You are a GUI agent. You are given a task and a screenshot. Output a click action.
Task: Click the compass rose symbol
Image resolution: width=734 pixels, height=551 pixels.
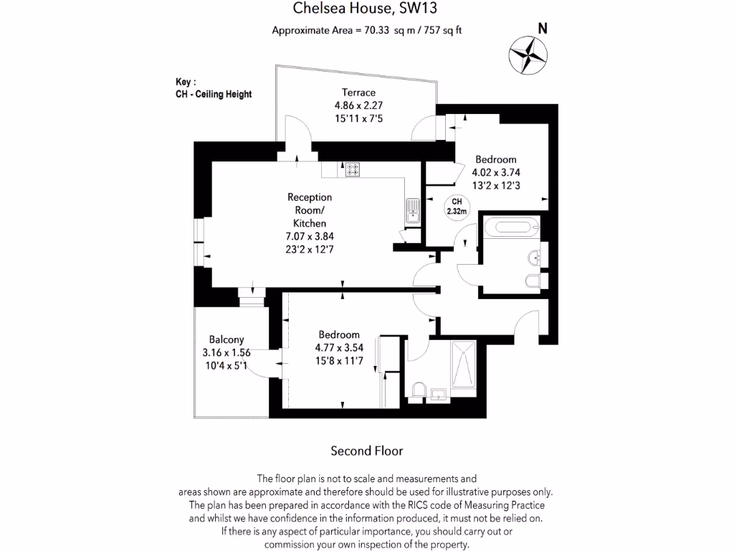coord(528,55)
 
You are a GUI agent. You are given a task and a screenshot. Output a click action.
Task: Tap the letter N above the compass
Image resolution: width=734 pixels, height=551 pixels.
coord(543,29)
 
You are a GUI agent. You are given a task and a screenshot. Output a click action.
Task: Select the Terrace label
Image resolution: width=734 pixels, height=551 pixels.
coord(358,93)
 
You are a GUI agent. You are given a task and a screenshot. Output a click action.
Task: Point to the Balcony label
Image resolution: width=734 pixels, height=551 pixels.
coord(227,339)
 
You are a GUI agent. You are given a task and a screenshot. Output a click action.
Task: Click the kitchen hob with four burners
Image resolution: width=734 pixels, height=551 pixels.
coord(353,170)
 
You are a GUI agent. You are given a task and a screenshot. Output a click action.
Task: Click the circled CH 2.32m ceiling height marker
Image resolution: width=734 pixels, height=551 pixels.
coord(457,207)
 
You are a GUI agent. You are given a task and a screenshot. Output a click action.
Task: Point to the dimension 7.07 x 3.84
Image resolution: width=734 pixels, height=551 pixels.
coord(310,237)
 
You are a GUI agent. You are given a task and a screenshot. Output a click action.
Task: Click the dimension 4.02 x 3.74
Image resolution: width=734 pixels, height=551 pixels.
coord(495,172)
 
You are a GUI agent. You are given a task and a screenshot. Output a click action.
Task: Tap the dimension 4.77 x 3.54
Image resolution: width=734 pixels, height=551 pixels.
coord(338,348)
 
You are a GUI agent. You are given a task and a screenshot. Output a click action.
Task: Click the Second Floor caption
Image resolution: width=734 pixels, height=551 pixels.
coord(366,451)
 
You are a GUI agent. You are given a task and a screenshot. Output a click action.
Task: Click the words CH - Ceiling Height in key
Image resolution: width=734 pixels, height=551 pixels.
coord(214,94)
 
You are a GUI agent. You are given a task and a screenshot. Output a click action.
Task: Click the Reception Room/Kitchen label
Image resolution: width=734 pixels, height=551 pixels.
coord(310,210)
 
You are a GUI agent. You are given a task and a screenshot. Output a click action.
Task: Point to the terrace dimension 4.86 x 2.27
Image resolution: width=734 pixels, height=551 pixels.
coord(358,105)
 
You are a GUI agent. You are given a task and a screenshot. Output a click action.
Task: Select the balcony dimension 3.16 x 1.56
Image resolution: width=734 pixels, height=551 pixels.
coord(227,352)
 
